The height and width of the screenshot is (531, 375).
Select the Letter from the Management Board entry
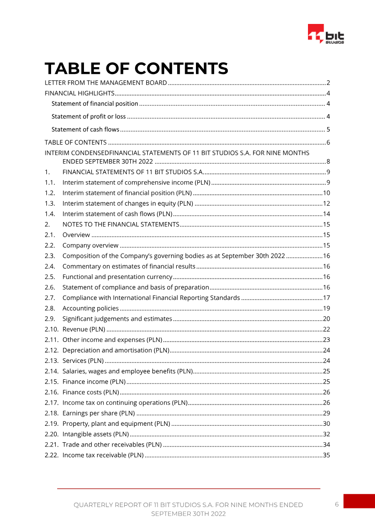[105, 83]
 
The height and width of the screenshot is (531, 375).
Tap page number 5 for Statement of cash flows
[329, 130]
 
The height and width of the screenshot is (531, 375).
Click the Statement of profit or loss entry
[89, 117]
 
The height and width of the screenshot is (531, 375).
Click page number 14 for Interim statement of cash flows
[327, 214]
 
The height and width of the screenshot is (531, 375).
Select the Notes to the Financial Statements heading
[121, 224]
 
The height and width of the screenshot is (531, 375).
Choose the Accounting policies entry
[90, 308]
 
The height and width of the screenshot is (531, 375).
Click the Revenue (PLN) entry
[83, 329]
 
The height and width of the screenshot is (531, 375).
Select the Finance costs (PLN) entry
[90, 392]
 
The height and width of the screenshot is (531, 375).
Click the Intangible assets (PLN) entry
[96, 434]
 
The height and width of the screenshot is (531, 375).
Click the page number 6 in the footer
[337, 504]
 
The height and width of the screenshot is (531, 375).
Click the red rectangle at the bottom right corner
[359, 501]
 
